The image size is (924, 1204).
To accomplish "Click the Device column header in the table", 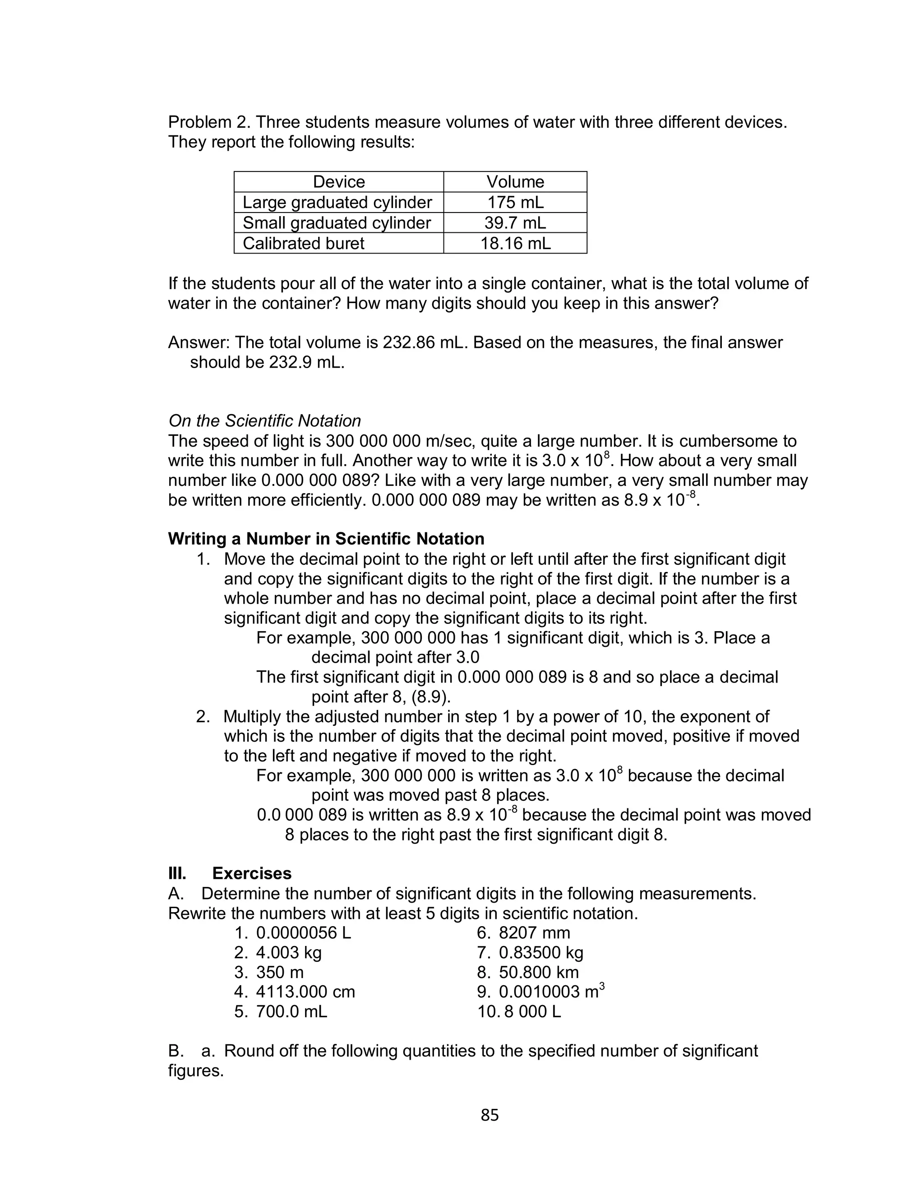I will point(338,182).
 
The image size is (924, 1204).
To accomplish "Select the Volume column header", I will point(515,182).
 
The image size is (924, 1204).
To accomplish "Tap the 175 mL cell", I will point(515,202).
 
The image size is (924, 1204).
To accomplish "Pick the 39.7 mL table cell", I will point(515,223).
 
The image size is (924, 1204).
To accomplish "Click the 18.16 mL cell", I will point(515,243).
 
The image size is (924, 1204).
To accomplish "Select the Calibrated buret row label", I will point(303,243).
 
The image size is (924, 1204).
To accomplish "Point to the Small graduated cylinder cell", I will point(337,223).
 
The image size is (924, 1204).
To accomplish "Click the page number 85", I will point(489,1114).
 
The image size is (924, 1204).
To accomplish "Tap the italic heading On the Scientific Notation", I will point(264,420).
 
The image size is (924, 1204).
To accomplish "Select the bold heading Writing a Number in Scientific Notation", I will point(326,538).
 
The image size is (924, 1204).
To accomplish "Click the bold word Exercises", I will point(251,873).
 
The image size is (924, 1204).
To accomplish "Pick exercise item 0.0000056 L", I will point(303,932).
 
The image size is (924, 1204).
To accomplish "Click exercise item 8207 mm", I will point(534,932).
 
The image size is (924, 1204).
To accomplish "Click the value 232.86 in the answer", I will point(408,342).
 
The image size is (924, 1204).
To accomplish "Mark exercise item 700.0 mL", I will point(291,1011).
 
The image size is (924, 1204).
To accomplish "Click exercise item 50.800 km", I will point(538,972).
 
